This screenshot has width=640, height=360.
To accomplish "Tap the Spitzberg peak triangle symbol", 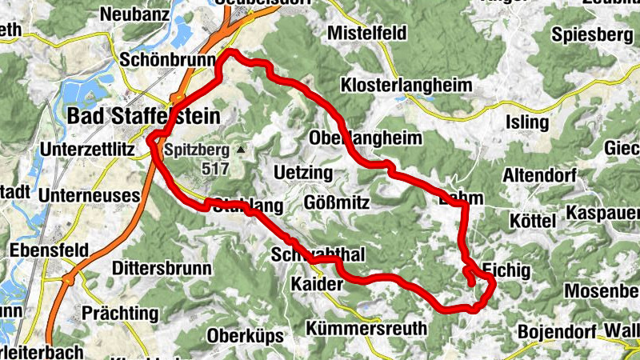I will coord(238,150).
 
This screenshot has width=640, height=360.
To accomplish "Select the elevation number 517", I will coord(215,169).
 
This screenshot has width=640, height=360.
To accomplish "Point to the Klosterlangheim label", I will coord(407,84).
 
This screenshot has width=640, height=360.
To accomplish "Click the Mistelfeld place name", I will coord(367,33).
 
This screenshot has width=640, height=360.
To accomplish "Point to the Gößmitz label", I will coord(337,203).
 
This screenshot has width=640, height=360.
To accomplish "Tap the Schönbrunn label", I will coord(168,60).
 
